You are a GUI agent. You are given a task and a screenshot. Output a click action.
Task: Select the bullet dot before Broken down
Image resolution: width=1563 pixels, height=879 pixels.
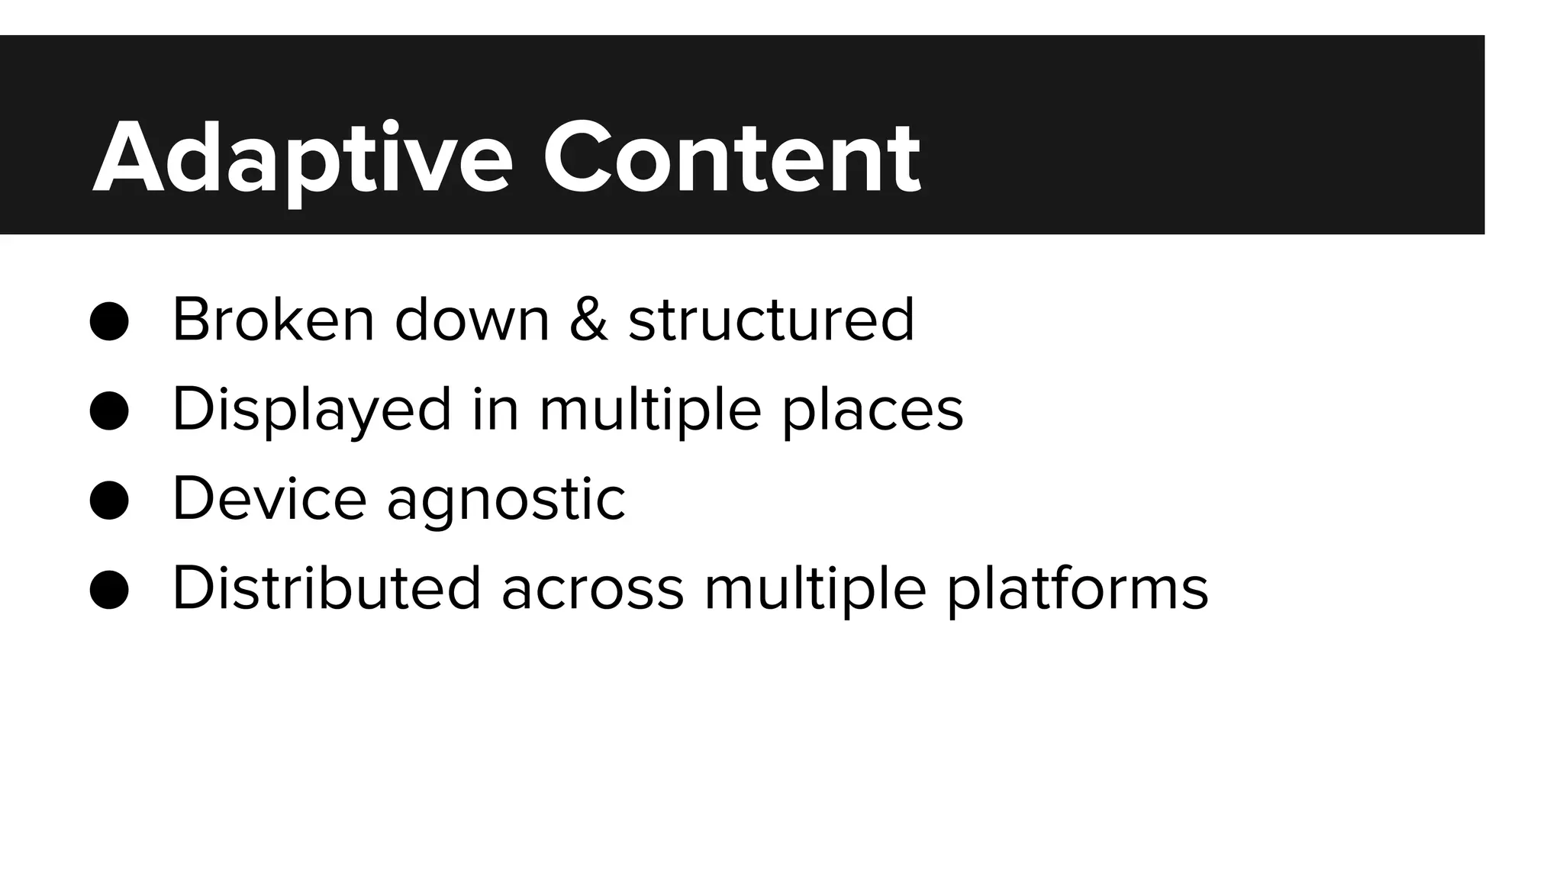(x=109, y=320)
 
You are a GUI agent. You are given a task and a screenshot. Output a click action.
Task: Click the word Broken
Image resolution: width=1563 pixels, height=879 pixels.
(x=273, y=319)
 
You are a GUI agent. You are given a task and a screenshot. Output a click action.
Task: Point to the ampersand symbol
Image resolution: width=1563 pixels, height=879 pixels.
(x=588, y=319)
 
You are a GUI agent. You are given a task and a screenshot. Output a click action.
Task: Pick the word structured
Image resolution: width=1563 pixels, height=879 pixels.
(x=771, y=319)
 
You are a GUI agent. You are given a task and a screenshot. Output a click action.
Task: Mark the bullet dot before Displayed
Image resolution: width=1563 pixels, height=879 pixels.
(x=109, y=411)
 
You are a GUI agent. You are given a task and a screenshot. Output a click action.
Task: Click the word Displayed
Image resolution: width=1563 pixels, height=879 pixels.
(x=311, y=411)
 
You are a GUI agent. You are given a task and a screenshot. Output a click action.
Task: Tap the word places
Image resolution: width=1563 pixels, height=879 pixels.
(x=872, y=411)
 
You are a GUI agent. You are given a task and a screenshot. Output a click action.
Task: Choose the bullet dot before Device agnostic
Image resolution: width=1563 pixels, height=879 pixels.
(x=109, y=501)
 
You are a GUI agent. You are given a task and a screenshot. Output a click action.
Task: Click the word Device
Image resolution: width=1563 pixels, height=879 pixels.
(x=269, y=499)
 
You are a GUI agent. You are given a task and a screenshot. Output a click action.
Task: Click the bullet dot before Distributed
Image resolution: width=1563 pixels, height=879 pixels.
(x=109, y=590)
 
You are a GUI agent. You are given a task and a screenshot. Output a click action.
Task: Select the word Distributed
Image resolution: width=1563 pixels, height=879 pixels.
(x=327, y=588)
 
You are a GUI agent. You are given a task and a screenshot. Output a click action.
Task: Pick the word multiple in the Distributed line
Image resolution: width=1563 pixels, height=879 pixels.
(x=815, y=588)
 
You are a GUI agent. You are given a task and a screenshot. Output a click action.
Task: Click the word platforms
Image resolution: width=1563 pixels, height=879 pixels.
(x=1078, y=588)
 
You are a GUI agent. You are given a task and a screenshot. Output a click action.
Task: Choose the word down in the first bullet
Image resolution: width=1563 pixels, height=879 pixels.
(x=472, y=319)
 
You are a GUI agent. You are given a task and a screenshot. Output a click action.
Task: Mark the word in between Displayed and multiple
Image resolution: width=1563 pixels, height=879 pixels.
(x=495, y=409)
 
